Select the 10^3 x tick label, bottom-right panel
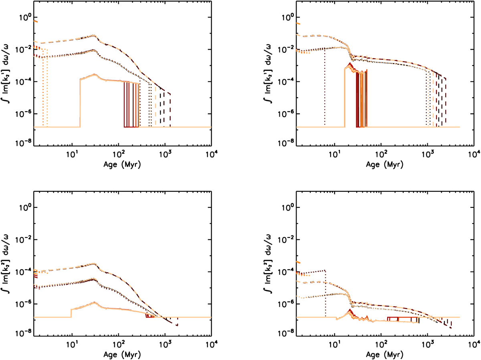click(x=427, y=344)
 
